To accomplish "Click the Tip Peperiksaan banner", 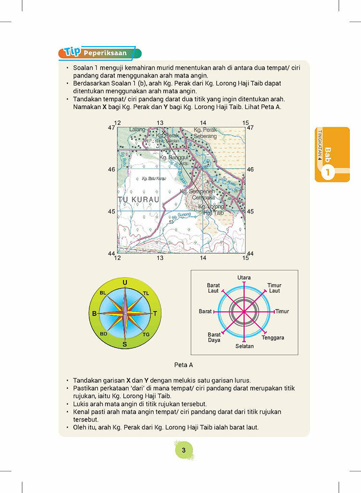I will [99, 53].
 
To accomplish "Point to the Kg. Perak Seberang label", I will [206, 133].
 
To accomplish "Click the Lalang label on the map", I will [137, 130].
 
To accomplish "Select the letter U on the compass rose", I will [125, 283].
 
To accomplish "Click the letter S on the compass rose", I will [125, 344].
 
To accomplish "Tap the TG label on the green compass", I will [146, 334].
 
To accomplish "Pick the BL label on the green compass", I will [103, 293].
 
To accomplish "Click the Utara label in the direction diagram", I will [244, 278].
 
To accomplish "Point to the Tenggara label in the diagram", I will [273, 338].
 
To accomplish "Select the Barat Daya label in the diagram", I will [214, 337].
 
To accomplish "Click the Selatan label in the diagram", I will [245, 346].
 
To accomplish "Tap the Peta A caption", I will [183, 365].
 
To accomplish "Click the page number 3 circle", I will [183, 450].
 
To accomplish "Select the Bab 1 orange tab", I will [332, 154].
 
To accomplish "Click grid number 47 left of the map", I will [111, 128].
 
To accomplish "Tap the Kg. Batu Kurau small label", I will [154, 178].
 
